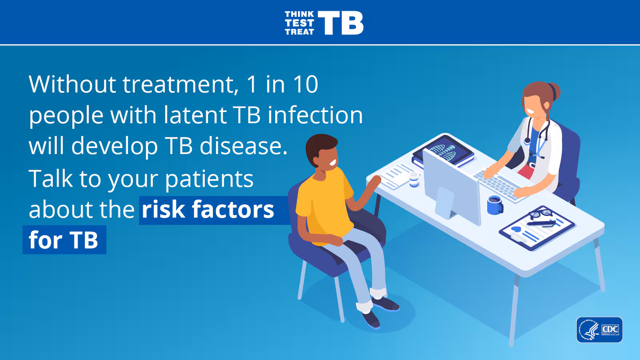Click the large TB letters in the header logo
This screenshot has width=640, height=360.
click(x=340, y=23)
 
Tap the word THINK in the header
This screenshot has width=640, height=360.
click(x=299, y=14)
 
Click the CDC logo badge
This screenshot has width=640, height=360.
click(x=600, y=330)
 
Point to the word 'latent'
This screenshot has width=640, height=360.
click(x=196, y=115)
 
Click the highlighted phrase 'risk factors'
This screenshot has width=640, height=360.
click(x=208, y=210)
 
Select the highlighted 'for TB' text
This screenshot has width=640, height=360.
click(x=64, y=240)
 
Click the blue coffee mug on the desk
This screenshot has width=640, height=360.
click(x=495, y=205)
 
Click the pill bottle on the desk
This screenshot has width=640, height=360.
click(x=414, y=180)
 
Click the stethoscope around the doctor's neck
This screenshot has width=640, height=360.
click(x=537, y=137)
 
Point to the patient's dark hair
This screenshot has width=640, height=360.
click(x=320, y=147)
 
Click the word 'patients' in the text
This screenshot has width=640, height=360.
click(x=209, y=179)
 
